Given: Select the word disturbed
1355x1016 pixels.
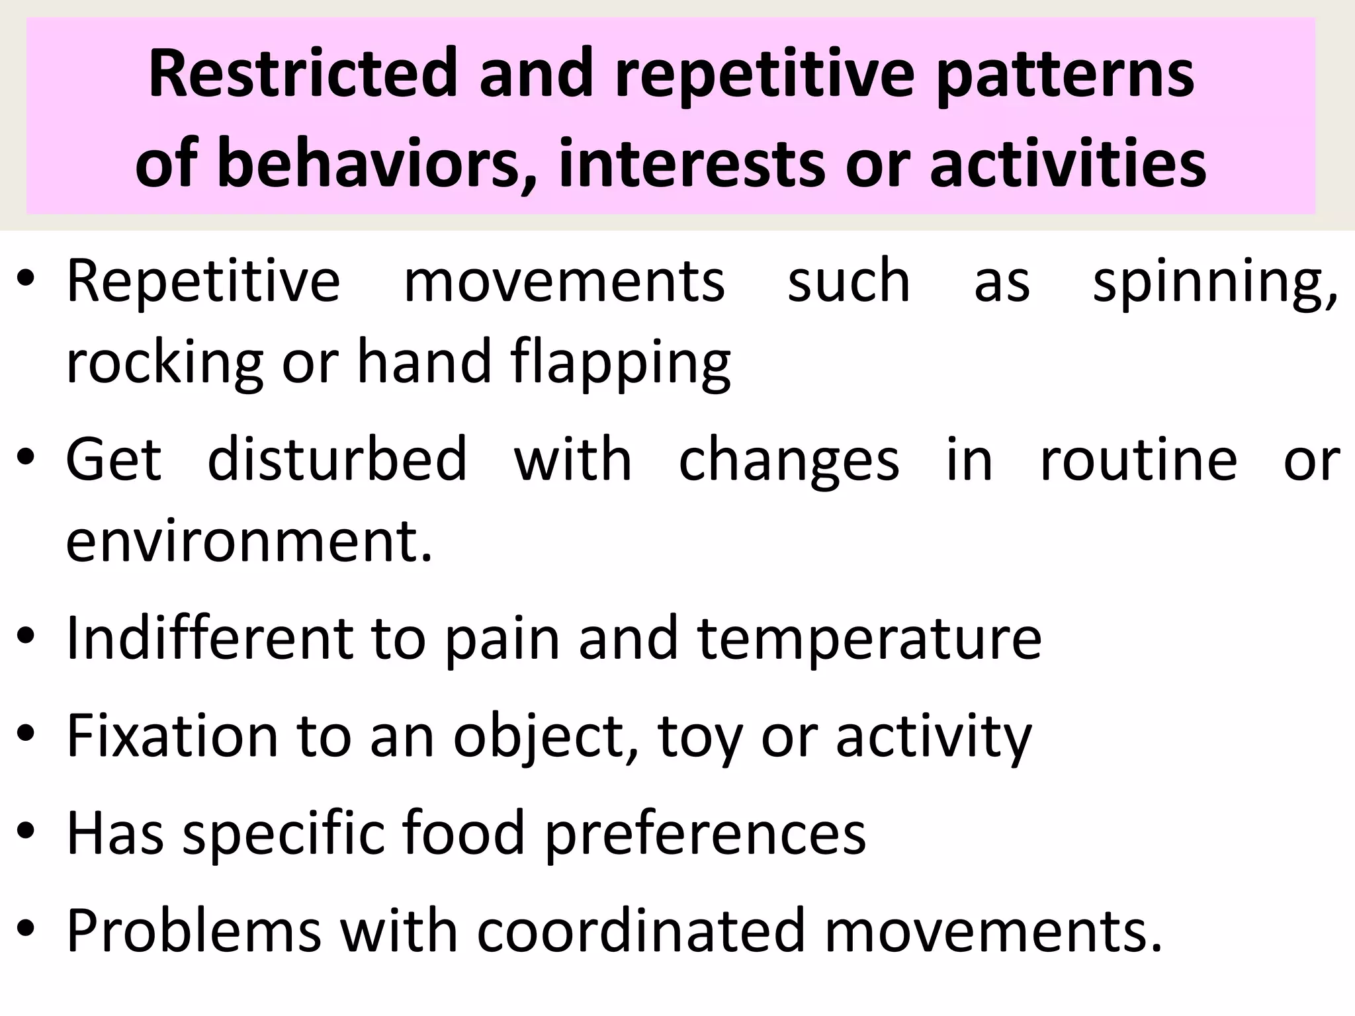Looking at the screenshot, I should (337, 460).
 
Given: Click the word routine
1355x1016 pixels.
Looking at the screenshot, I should (1139, 460).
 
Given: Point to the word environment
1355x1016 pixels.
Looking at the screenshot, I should (249, 541).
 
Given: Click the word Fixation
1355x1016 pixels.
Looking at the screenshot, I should (173, 736).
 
